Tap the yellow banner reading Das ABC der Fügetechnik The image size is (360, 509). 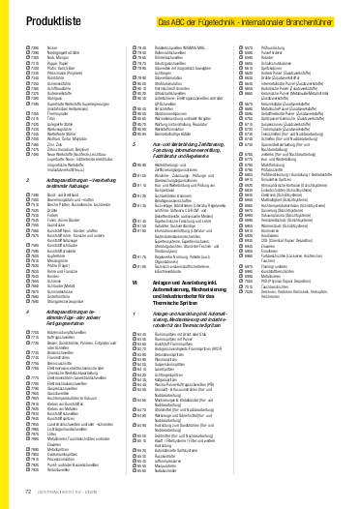tap(248, 19)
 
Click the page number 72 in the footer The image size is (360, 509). tap(22, 491)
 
